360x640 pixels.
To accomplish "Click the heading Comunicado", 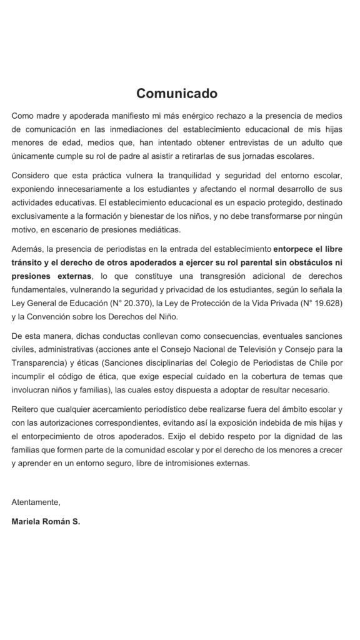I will pyautogui.click(x=177, y=94).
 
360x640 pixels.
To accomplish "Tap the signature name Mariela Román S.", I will pyautogui.click(x=46, y=520).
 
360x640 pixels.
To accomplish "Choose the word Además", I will pyautogui.click(x=27, y=253).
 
